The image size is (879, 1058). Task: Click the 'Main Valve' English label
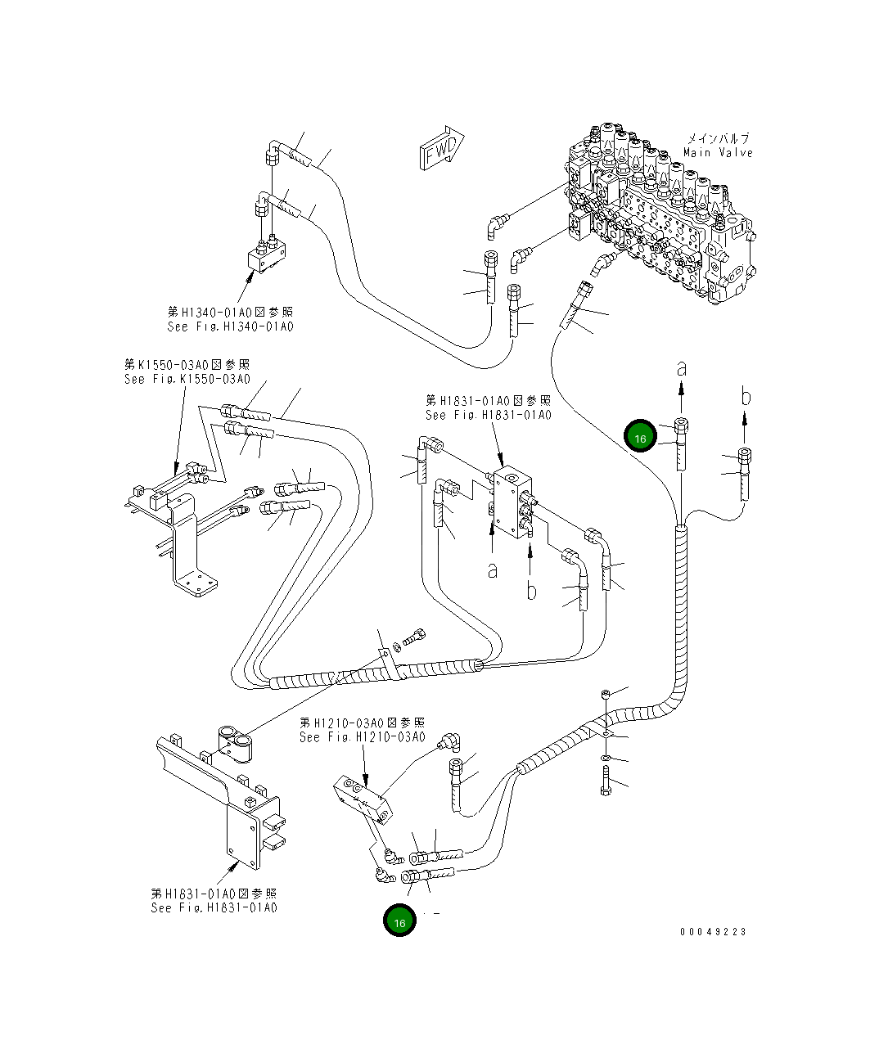pos(718,153)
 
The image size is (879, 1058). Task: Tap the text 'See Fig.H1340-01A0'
pos(230,326)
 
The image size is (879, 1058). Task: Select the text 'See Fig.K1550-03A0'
pos(187,379)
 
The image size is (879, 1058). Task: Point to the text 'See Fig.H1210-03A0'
pos(362,737)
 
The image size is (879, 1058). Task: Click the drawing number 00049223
pos(712,931)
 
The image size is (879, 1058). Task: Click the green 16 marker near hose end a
pos(640,438)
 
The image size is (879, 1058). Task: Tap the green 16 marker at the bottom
pos(399,922)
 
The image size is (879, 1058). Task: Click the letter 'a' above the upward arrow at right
pos(681,369)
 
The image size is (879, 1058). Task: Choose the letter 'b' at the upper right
pos(745,397)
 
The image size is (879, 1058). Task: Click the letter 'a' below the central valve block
pos(492,570)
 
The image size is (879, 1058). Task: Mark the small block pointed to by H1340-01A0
pos(267,259)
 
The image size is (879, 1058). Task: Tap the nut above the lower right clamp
pos(604,694)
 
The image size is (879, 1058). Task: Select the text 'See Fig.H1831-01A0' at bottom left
pos(214,907)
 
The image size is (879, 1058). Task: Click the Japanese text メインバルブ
pos(717,138)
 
